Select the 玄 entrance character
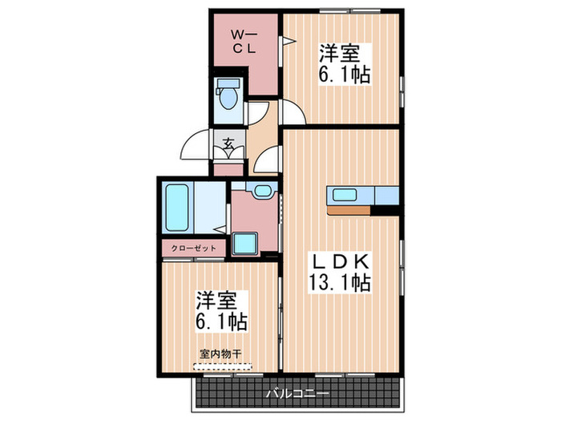point(228,145)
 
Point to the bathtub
point(176,207)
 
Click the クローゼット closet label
point(193,249)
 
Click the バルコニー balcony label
point(296,394)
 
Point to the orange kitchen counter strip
point(348,211)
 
